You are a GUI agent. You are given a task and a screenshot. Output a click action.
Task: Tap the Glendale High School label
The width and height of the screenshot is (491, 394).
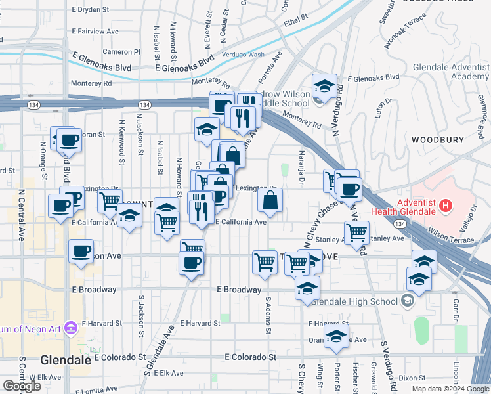pyautogui.click(x=354, y=301)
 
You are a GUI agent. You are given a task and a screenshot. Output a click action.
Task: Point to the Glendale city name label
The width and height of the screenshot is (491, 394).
pyautogui.click(x=65, y=360)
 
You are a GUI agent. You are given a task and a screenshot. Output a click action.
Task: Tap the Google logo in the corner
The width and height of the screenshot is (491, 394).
pyautogui.click(x=21, y=386)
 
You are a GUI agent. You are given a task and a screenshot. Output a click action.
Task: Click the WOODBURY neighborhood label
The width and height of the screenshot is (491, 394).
pyautogui.click(x=437, y=140)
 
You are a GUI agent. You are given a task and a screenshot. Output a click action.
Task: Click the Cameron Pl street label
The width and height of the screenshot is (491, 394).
pyautogui.click(x=121, y=51)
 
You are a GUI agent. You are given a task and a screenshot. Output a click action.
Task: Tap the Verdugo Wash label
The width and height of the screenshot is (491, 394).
pyautogui.click(x=243, y=55)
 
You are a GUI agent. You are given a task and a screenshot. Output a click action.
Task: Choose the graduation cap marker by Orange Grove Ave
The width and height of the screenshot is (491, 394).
pyautogui.click(x=337, y=336)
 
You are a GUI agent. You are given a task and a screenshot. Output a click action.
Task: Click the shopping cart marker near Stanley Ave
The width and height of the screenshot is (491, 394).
pyautogui.click(x=356, y=232)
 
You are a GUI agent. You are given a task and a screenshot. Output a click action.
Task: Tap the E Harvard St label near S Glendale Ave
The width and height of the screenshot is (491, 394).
pyautogui.click(x=200, y=323)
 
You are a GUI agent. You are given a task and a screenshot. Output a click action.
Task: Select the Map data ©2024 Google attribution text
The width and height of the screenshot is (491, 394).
pyautogui.click(x=450, y=389)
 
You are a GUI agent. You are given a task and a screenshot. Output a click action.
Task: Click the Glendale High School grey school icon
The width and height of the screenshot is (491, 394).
pyautogui.click(x=408, y=301)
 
